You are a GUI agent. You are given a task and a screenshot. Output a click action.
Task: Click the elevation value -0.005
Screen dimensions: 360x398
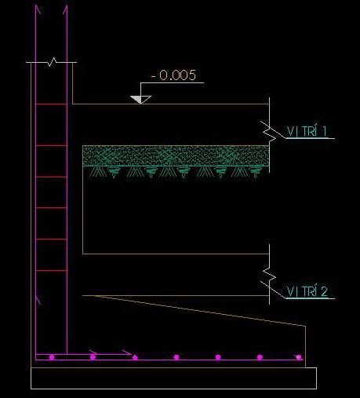click(173, 75)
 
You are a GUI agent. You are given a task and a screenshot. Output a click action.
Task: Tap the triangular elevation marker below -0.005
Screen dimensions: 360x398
click(140, 100)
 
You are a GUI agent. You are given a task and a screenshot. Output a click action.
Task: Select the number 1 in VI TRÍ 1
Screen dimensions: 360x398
click(325, 131)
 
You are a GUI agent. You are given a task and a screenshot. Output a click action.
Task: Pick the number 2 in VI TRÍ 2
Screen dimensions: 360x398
click(324, 291)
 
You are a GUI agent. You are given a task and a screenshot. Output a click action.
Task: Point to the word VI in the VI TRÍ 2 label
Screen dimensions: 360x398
click(292, 291)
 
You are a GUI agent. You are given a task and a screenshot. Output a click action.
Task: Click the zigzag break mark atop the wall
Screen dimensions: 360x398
click(53, 62)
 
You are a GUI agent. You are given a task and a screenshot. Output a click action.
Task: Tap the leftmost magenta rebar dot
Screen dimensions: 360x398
click(52, 357)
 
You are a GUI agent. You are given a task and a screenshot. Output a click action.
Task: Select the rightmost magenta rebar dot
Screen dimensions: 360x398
click(299, 357)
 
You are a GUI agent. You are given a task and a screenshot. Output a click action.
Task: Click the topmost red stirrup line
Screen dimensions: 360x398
click(51, 104)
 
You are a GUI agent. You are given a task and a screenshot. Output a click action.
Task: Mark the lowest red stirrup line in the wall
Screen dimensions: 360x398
click(51, 271)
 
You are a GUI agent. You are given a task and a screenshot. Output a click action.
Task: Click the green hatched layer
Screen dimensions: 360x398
click(176, 155)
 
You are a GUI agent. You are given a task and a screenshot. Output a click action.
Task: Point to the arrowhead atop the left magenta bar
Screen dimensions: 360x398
click(38, 9)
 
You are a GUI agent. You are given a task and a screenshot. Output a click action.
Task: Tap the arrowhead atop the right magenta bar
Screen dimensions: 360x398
click(65, 9)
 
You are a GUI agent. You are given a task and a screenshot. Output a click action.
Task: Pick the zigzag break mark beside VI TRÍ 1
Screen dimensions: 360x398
click(270, 132)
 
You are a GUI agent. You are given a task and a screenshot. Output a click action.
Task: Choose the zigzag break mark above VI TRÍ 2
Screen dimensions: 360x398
click(270, 274)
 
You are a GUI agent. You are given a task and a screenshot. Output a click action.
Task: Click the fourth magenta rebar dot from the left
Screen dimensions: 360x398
click(176, 357)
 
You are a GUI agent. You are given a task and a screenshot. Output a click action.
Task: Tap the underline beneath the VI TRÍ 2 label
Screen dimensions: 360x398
click(310, 298)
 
